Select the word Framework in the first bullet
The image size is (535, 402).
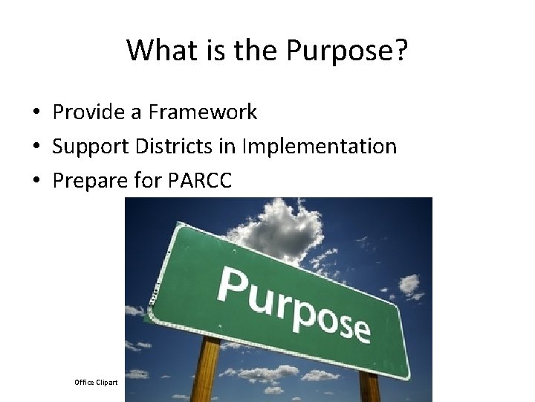coord(203,112)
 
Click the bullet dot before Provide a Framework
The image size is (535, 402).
coord(36,113)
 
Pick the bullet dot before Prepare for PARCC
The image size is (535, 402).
coord(36,181)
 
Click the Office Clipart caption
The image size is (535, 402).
coord(96,382)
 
